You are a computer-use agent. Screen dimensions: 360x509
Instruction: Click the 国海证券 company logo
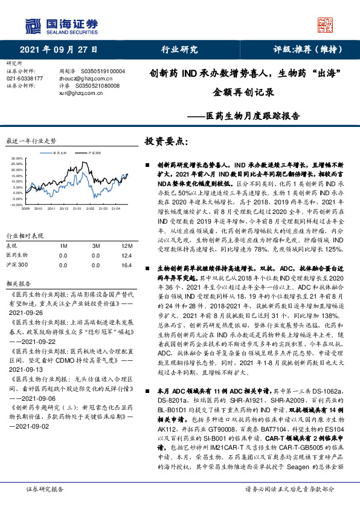pos(60,25)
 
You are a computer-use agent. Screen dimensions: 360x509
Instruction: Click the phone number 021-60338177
pos(25,79)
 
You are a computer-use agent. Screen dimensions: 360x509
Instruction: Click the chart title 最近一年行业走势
pos(31,140)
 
